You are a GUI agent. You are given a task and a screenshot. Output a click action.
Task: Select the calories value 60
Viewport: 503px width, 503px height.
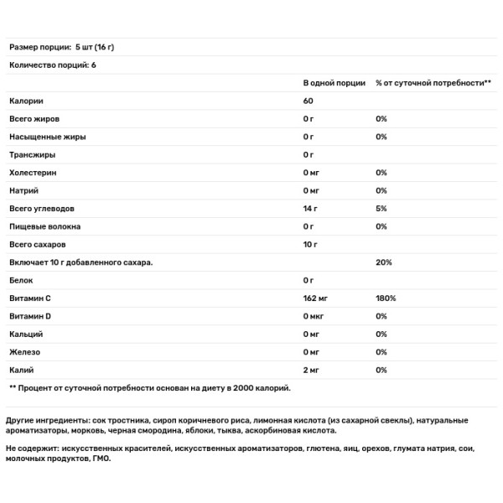tap(309, 101)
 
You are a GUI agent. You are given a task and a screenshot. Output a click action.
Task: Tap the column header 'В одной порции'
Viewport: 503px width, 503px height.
tap(334, 83)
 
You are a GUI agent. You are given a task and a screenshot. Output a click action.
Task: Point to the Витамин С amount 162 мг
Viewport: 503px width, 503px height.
tap(318, 298)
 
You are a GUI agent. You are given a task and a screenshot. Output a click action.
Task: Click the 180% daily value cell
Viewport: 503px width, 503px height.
tap(386, 298)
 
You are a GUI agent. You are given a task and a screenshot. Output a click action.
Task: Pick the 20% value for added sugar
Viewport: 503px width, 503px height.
tap(383, 262)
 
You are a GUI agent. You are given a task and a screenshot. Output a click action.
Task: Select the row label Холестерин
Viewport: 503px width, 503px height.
tap(34, 172)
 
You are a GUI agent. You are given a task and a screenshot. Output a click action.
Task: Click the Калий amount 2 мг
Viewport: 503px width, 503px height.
tap(313, 369)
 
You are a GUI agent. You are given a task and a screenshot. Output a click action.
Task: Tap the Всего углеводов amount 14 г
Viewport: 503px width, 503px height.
tap(312, 208)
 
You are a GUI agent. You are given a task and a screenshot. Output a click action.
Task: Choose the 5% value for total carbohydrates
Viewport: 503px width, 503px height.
tap(381, 208)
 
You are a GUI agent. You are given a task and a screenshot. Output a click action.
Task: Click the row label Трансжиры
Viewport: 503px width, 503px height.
tap(31, 154)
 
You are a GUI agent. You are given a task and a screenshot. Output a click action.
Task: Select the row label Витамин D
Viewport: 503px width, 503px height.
tap(31, 315)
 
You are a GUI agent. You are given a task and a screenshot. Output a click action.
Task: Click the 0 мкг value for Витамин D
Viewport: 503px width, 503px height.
tap(316, 315)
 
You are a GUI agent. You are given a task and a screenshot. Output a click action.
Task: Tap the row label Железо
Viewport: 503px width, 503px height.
tap(24, 351)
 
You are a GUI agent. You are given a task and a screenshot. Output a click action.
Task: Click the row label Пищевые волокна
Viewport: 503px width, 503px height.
tap(45, 226)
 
